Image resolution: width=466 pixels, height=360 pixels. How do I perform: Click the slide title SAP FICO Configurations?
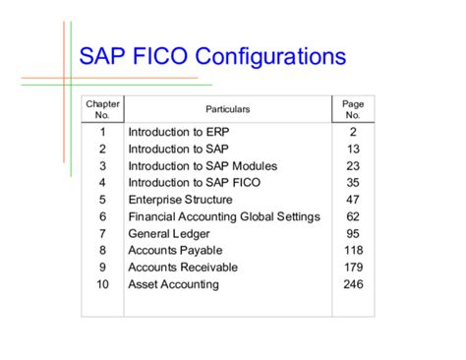pyautogui.click(x=211, y=56)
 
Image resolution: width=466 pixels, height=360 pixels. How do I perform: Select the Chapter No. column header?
pyautogui.click(x=102, y=109)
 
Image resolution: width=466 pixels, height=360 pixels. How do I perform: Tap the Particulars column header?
pyautogui.click(x=227, y=109)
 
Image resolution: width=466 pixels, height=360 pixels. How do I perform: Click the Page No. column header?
pyautogui.click(x=353, y=109)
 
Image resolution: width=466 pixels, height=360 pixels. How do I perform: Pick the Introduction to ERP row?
pyautogui.click(x=171, y=131)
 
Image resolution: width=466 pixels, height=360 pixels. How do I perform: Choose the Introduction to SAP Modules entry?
pyautogui.click(x=203, y=165)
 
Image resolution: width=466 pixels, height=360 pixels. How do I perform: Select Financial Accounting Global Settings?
pyautogui.click(x=224, y=216)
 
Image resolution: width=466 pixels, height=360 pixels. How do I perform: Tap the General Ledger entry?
pyautogui.click(x=166, y=233)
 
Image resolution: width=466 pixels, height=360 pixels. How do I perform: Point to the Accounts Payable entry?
pyautogui.click(x=174, y=250)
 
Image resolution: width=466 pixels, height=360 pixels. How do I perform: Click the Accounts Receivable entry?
pyautogui.click(x=182, y=267)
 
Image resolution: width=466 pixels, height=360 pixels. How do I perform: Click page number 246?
pyautogui.click(x=353, y=284)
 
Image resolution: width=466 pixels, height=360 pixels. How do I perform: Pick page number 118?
pyautogui.click(x=353, y=250)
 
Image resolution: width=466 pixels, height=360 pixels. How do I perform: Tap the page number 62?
pyautogui.click(x=353, y=216)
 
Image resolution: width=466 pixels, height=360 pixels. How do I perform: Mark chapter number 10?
pyautogui.click(x=102, y=284)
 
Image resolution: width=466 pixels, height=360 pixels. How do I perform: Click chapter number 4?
pyautogui.click(x=102, y=182)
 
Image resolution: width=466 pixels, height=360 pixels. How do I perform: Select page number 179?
pyautogui.click(x=353, y=267)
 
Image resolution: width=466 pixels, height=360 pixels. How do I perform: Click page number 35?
pyautogui.click(x=353, y=182)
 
